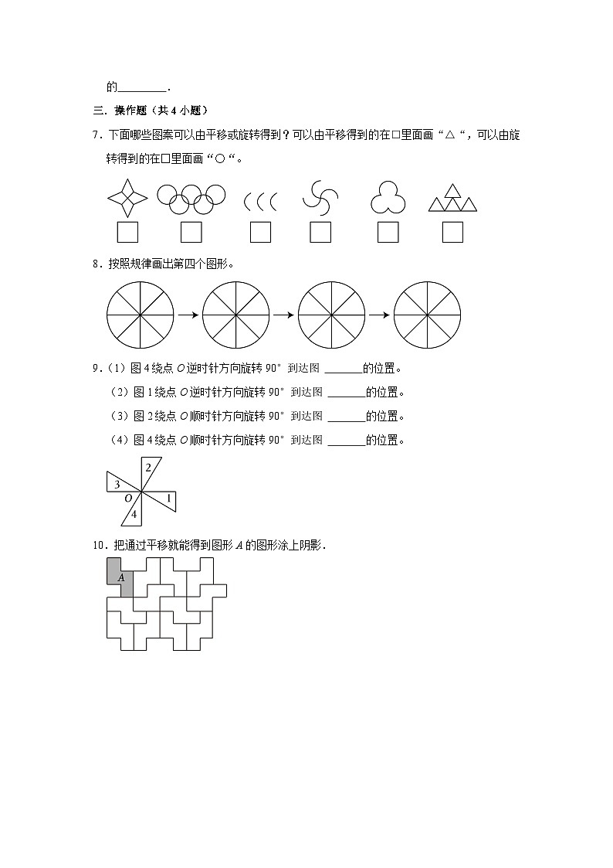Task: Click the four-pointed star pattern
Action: click(127, 199)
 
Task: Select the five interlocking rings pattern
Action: click(191, 198)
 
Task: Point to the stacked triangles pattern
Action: click(452, 197)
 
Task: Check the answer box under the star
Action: click(127, 232)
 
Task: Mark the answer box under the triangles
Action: click(452, 232)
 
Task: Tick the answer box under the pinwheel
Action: click(320, 232)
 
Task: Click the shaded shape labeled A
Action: click(119, 576)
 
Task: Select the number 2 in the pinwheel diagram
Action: click(148, 468)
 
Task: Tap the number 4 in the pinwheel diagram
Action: click(134, 514)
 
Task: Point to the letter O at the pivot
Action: click(128, 499)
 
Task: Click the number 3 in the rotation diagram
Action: click(116, 485)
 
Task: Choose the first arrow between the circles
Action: click(187, 315)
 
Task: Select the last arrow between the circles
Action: click(378, 315)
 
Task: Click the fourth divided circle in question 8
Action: click(427, 315)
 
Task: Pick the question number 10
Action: click(97, 546)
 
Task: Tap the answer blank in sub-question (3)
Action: click(346, 417)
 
